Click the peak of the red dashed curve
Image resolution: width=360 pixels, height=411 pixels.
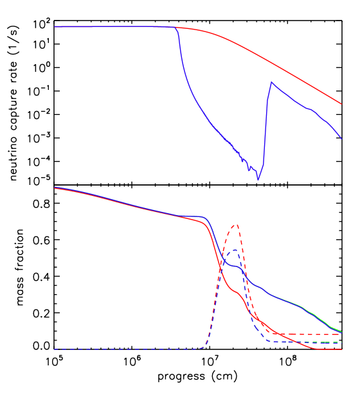tap(237, 225)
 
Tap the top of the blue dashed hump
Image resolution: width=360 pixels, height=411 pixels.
tap(235, 250)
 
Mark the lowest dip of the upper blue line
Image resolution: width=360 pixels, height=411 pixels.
tap(258, 179)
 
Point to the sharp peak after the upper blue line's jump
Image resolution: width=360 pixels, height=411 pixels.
tap(271, 82)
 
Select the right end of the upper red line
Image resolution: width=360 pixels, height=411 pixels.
tap(341, 103)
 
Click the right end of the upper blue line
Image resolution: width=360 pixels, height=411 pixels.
tap(341, 139)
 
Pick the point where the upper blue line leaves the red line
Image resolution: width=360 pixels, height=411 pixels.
tap(174, 28)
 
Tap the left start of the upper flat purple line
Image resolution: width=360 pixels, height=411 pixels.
tap(55, 27)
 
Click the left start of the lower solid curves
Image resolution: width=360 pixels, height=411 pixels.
tap(55, 188)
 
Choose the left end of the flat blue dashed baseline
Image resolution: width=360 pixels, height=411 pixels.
tap(55, 349)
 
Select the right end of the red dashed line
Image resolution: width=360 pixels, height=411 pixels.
tap(341, 334)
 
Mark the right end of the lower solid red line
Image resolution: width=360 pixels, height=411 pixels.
tap(341, 349)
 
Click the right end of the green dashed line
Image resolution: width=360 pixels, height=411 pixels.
tap(341, 342)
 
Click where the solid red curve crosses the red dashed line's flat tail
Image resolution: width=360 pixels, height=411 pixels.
tap(278, 334)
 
